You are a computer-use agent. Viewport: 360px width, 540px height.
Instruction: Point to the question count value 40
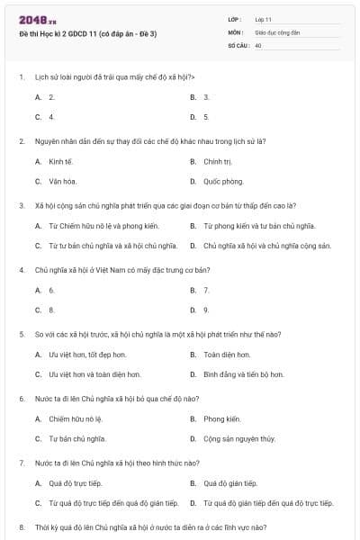[258, 44]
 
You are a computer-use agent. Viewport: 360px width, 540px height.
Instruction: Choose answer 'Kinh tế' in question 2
[59, 162]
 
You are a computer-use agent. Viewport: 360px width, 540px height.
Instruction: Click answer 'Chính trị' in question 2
[218, 162]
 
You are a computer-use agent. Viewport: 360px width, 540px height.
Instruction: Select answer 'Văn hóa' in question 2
[61, 181]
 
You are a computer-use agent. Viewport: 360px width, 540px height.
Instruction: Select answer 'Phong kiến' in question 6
[221, 418]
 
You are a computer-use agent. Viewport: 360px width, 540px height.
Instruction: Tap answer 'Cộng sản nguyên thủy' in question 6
[238, 438]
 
